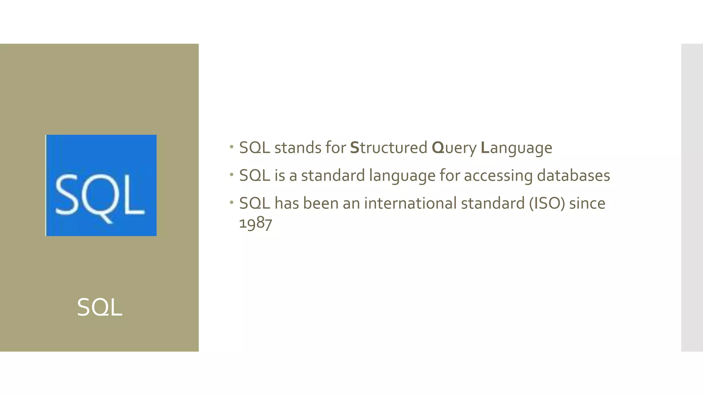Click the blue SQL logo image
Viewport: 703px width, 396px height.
click(x=101, y=185)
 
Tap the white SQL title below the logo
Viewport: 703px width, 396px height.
click(x=100, y=307)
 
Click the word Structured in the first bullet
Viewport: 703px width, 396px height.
click(x=389, y=148)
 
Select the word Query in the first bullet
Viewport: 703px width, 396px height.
click(x=454, y=148)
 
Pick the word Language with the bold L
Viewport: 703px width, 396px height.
click(x=517, y=148)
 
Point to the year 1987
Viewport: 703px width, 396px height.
click(x=255, y=223)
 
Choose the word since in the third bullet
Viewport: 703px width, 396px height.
click(x=587, y=203)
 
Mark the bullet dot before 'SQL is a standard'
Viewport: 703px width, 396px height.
click(x=232, y=175)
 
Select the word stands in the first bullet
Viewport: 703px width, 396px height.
click(x=298, y=148)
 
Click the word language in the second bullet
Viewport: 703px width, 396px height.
click(x=402, y=176)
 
